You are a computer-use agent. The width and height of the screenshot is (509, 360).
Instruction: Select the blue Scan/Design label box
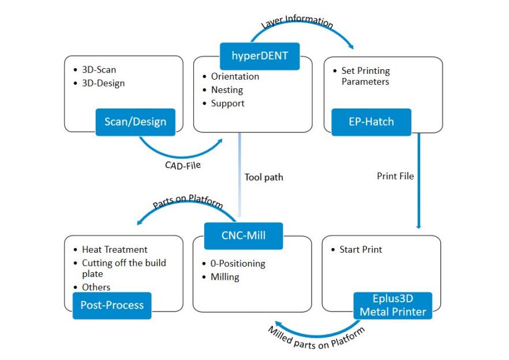136,122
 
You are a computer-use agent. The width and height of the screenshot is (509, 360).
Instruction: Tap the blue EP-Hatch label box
371,122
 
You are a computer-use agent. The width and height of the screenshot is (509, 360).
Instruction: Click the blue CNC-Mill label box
244,235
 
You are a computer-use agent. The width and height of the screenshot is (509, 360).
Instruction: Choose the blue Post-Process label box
112,305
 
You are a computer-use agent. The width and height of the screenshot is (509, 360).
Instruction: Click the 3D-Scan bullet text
99,70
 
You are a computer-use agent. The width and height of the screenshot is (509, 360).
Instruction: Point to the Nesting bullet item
226,90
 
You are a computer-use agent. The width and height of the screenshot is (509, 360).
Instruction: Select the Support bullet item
227,103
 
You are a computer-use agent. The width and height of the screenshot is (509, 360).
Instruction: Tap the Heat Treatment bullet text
114,250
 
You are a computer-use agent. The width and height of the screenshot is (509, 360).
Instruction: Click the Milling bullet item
224,277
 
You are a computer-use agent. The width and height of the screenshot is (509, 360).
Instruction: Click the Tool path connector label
264,177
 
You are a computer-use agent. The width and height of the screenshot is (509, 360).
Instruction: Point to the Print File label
395,176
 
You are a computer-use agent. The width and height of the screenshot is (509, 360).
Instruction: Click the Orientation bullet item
235,76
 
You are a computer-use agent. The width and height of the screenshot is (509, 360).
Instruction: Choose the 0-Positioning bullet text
238,264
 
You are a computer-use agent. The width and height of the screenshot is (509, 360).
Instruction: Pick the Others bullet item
96,287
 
